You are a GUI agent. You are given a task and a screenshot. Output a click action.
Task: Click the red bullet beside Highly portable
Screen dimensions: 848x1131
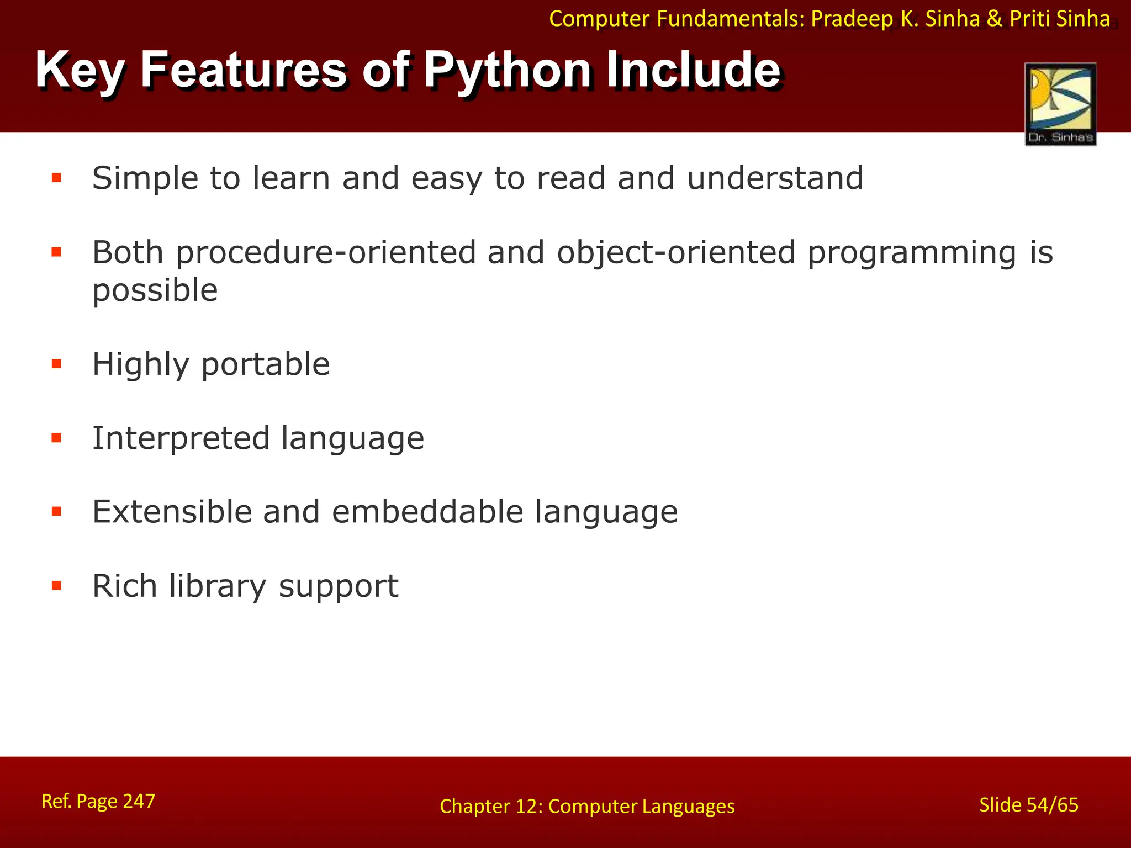pos(56,364)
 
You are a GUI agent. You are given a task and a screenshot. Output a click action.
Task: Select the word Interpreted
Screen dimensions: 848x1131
pos(181,438)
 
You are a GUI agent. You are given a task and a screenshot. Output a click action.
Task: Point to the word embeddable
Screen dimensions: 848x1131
pos(427,512)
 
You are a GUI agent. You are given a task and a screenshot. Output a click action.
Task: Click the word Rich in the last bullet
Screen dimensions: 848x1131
pos(124,586)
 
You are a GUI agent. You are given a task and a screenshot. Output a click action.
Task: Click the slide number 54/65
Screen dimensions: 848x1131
pos(1052,805)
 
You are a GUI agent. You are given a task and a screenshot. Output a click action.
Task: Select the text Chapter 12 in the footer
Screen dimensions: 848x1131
pos(489,807)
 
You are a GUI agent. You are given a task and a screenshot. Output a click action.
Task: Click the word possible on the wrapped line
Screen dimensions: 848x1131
pos(155,291)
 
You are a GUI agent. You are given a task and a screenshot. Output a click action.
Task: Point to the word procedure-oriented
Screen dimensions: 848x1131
pos(326,253)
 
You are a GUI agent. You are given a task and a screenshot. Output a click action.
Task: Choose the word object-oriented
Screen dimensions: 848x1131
pos(675,253)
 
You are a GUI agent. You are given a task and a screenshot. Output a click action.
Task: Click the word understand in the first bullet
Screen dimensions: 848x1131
pos(774,178)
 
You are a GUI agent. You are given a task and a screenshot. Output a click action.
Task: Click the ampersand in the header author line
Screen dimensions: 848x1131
pos(994,19)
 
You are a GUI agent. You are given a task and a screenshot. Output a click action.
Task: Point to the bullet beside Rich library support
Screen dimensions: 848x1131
pos(56,585)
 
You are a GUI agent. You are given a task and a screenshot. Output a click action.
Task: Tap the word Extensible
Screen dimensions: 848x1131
pos(171,512)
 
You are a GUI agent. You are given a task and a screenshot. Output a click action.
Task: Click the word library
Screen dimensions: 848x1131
pos(218,586)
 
